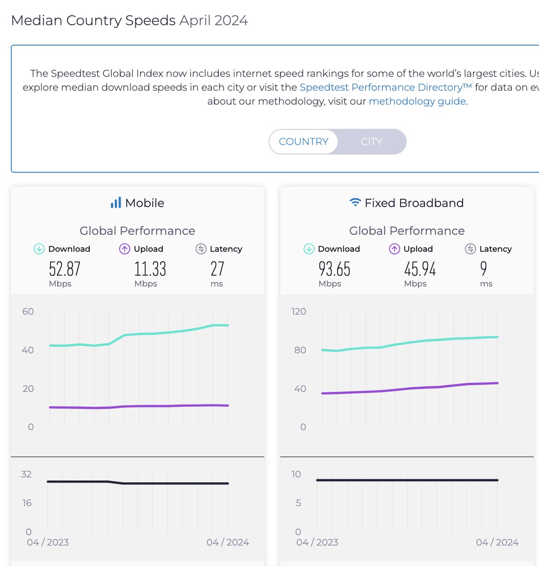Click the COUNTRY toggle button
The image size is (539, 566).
pos(303,141)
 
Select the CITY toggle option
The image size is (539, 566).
pos(371,141)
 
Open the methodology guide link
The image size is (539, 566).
pos(417,101)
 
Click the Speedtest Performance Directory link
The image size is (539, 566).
pos(386,87)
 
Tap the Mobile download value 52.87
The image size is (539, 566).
pos(65,269)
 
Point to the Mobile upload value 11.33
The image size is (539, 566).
pos(150,269)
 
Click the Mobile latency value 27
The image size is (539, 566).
pos(217,269)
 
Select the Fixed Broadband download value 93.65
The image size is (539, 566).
pos(334,269)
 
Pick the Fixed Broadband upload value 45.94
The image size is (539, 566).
pos(420,269)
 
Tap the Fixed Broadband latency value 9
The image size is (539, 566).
pos(483,269)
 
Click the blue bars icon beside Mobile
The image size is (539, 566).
pos(116,203)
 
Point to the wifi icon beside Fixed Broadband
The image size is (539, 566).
pos(355,203)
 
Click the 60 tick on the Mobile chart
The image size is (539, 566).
pos(28,311)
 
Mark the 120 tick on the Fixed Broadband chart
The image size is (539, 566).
pos(298,311)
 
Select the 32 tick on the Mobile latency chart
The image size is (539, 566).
pos(27,474)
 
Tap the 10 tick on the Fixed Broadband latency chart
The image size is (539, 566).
pos(296,474)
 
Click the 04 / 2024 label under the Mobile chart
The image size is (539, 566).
pos(228,542)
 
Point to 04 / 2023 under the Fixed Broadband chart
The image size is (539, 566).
pos(317,542)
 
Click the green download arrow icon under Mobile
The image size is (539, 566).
pos(39,249)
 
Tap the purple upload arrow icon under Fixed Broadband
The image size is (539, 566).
pos(394,249)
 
